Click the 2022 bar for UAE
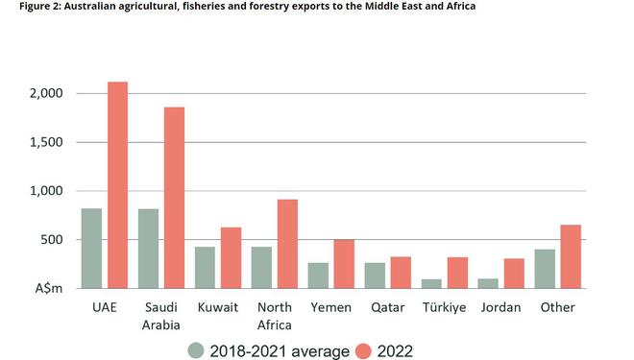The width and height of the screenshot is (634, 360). click(x=117, y=185)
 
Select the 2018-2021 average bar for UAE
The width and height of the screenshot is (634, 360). click(x=92, y=249)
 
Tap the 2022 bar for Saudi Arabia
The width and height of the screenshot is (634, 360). click(x=174, y=198)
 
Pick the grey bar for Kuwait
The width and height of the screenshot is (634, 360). click(x=205, y=268)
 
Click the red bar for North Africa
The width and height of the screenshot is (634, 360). click(x=287, y=244)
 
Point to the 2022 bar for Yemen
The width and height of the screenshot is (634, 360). click(x=344, y=264)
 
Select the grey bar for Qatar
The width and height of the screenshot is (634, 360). click(x=375, y=276)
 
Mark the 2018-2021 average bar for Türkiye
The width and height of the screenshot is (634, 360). click(x=431, y=283)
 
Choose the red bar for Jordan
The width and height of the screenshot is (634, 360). click(x=514, y=274)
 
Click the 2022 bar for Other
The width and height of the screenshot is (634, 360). click(x=571, y=256)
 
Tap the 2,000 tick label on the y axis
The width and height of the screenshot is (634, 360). click(x=46, y=93)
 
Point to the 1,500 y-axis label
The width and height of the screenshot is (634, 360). click(x=46, y=142)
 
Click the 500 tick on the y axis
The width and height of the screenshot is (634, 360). click(x=51, y=240)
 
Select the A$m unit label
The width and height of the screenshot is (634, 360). click(x=49, y=289)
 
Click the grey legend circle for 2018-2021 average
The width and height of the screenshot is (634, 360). click(x=196, y=350)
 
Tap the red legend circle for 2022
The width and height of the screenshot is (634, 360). click(x=363, y=350)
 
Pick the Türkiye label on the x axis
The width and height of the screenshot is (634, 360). click(x=444, y=307)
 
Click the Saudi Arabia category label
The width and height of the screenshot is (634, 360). click(x=161, y=316)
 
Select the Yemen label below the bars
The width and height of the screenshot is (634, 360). click(x=330, y=307)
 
